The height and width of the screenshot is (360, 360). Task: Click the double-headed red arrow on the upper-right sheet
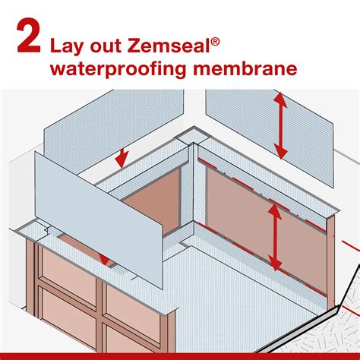pos(281,126)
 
